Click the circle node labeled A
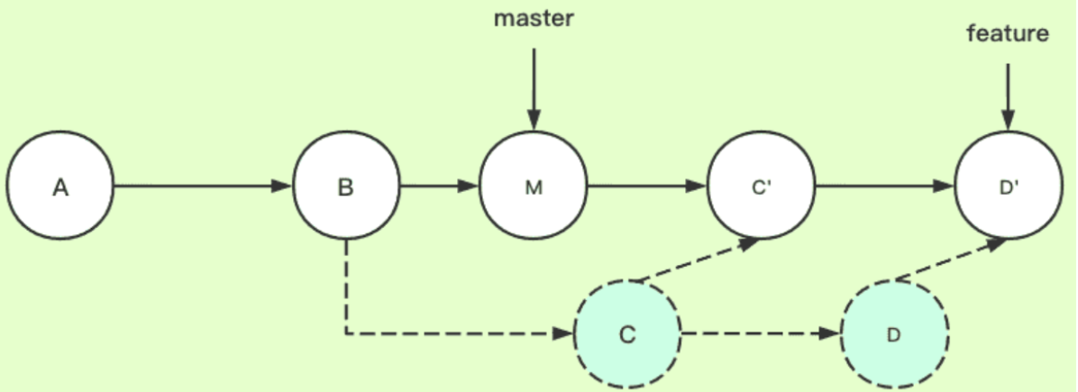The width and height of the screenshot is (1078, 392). (60, 187)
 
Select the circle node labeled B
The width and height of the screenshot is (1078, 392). (346, 187)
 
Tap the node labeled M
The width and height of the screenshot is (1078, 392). (534, 187)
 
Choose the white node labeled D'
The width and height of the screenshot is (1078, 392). (1007, 187)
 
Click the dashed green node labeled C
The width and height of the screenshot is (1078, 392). (627, 333)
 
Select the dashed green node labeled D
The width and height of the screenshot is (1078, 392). (893, 333)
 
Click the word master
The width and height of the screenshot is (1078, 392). (533, 19)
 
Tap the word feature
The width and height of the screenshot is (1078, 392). (1008, 34)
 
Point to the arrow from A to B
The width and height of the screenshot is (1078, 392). (203, 187)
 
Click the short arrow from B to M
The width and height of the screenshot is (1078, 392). (439, 187)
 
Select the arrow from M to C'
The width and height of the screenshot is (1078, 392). (647, 187)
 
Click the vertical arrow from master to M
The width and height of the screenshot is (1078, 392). (534, 86)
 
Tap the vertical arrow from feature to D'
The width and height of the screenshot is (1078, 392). (1007, 95)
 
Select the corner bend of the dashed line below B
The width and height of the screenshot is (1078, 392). (346, 333)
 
